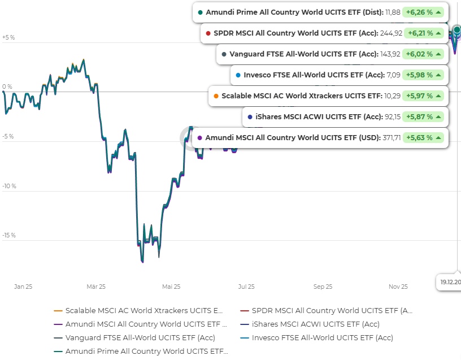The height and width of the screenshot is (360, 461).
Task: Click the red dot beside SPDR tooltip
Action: coord(208,33)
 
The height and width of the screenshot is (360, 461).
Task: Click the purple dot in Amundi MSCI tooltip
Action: coord(200,137)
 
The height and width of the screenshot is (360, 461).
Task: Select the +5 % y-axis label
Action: coord(8,38)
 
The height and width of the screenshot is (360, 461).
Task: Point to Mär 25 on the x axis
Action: coord(96,287)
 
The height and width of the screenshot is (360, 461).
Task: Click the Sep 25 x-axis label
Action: coord(323,287)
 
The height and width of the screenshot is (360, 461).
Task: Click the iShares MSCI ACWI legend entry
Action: coord(315,324)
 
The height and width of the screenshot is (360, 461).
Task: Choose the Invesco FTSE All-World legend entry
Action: coord(322,338)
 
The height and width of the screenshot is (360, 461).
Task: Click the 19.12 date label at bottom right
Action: coord(450,281)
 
